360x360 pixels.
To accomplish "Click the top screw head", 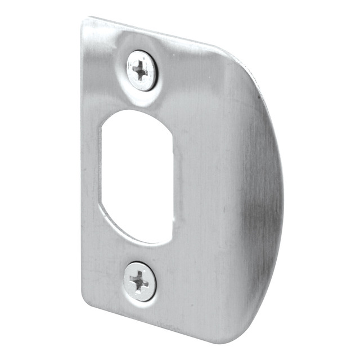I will (141, 70).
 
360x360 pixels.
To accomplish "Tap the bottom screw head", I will (139, 281).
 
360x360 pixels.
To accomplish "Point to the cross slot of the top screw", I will (141, 70).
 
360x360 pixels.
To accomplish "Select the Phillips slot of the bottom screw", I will (138, 281).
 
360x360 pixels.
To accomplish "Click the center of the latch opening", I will (136, 175).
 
